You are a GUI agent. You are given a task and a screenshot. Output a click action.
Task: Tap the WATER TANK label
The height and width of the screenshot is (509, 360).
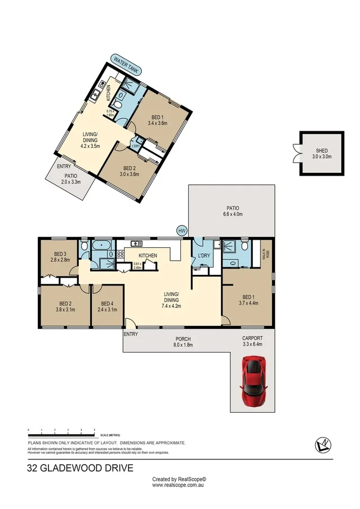pos(126,65)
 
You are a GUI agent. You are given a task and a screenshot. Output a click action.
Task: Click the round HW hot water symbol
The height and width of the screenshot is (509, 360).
pos(182,231)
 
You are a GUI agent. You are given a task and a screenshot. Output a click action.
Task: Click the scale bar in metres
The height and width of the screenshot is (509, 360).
pos(62,432)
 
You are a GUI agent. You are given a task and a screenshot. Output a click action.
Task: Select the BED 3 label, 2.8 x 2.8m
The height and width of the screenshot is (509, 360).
pos(60,257)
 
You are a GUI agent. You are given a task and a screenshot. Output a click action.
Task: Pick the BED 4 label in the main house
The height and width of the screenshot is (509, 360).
pos(107,306)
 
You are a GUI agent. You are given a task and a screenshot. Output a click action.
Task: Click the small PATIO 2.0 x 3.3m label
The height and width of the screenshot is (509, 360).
pos(70,178)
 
